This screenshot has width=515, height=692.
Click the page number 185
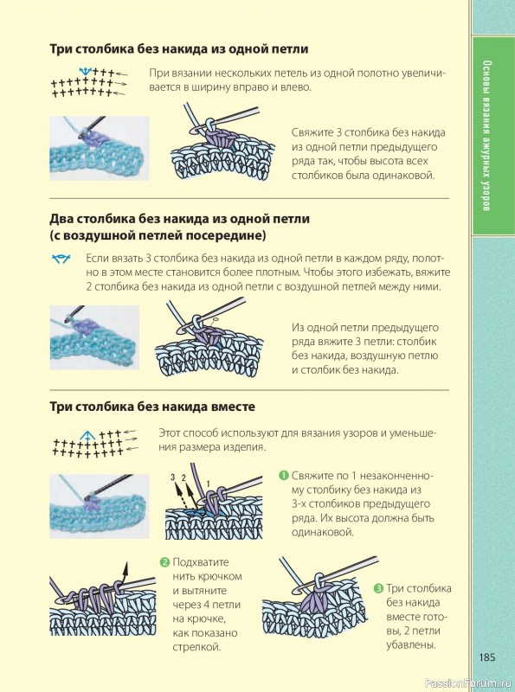[x=487, y=657]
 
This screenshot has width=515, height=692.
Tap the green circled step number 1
[x=283, y=475]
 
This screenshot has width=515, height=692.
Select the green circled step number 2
[x=164, y=562]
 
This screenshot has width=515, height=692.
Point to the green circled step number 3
[x=378, y=588]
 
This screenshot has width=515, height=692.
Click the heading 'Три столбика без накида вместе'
[x=152, y=407]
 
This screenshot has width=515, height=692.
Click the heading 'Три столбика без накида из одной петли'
[x=179, y=48]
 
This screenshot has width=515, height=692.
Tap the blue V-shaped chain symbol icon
[x=61, y=259]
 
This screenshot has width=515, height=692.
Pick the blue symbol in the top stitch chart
[x=85, y=71]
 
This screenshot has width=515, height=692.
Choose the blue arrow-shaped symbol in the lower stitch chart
[x=88, y=436]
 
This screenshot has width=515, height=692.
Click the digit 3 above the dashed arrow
[x=173, y=477]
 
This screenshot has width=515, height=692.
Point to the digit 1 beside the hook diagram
[x=209, y=484]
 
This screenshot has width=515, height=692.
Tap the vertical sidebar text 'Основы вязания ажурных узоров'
[x=486, y=136]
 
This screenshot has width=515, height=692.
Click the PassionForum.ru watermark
[x=468, y=683]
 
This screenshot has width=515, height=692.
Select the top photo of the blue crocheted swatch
[x=100, y=148]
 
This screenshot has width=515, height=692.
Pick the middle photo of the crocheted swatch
[x=94, y=337]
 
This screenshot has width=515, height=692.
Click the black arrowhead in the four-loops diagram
[x=126, y=567]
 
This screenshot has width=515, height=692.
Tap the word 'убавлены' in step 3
[x=411, y=644]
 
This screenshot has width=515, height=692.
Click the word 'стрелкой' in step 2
[x=196, y=647]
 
